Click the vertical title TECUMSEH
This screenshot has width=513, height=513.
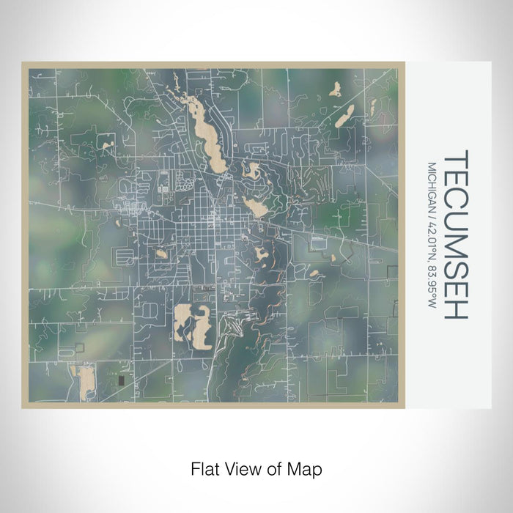[455, 235]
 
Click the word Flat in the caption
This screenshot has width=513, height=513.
[205, 468]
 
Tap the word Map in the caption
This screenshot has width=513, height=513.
[307, 468]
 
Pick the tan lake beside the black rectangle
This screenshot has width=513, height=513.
[86, 381]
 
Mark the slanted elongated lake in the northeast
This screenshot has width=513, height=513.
[344, 115]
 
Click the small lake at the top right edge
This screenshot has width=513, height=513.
[335, 89]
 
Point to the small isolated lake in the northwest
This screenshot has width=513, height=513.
[108, 147]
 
